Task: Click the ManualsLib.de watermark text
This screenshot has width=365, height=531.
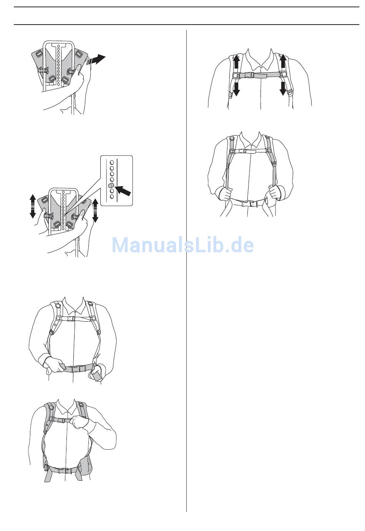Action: point(182,245)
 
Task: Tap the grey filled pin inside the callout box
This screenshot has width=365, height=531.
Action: point(111,185)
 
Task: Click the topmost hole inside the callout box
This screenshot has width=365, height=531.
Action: point(112,163)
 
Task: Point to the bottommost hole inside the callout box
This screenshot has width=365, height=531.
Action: point(112,197)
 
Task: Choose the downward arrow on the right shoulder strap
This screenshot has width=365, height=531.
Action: point(283,88)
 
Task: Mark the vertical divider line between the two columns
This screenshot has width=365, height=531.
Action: point(186,271)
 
